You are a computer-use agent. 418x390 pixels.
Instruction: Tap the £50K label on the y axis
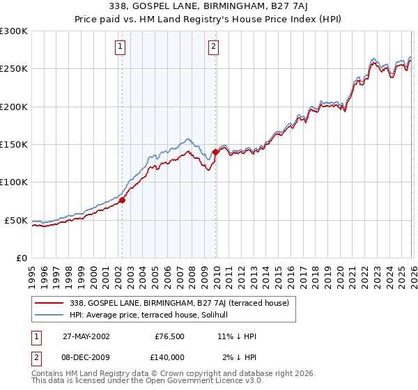click(16, 220)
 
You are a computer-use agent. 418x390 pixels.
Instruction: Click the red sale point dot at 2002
click(122, 200)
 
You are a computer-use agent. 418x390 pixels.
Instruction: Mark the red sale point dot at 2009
click(215, 151)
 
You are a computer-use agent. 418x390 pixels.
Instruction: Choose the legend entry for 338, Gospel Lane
click(173, 303)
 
